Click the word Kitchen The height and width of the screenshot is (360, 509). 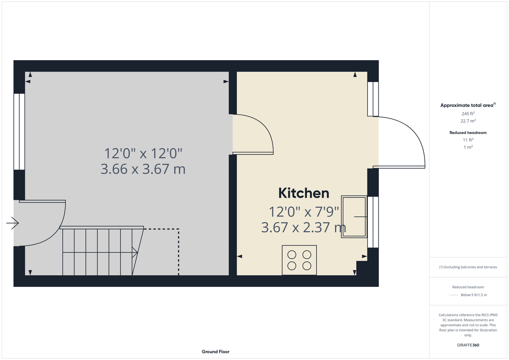[304, 193]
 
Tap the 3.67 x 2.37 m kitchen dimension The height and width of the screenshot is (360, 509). [304, 228]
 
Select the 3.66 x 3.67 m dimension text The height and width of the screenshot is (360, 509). [143, 169]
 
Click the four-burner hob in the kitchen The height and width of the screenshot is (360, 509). [299, 260]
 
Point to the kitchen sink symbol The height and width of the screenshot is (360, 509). [354, 217]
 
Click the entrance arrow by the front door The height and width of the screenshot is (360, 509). [12, 223]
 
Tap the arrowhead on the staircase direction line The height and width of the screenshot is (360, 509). [135, 252]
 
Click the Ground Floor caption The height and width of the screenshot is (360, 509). [215, 352]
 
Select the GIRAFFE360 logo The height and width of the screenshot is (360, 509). [468, 345]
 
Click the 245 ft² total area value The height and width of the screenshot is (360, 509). [468, 113]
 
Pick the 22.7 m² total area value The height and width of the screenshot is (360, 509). [468, 121]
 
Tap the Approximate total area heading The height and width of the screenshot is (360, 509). [468, 105]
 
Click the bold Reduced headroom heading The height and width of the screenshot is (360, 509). [468, 132]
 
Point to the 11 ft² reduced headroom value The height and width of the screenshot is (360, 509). [468, 140]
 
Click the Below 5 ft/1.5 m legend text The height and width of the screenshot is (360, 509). [474, 295]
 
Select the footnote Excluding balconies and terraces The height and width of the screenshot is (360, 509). [468, 267]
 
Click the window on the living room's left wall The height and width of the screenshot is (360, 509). [19, 132]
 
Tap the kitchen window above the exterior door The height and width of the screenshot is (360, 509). [373, 99]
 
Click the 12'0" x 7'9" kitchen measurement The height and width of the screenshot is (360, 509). [304, 212]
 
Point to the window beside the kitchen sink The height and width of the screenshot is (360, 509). [373, 222]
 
